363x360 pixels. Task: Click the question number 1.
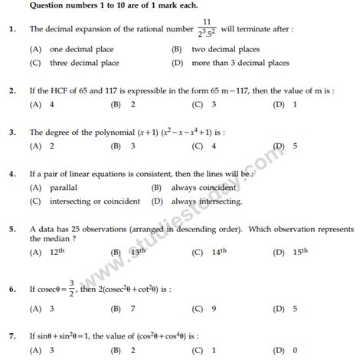coord(10,29)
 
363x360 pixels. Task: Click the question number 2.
coord(10,90)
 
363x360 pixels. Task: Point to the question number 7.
coord(10,335)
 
